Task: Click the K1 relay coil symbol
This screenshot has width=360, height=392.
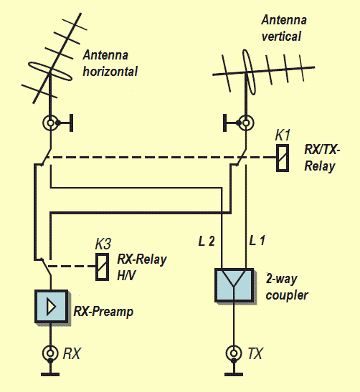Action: pyautogui.click(x=283, y=158)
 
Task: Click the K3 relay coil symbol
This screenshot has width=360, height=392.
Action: pyautogui.click(x=102, y=267)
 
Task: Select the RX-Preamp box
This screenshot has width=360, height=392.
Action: pyautogui.click(x=52, y=306)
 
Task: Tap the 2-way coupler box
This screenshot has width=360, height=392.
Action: pyautogui.click(x=235, y=285)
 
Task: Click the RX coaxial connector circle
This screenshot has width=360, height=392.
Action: pyautogui.click(x=50, y=353)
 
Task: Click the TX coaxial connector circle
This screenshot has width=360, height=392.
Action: pyautogui.click(x=234, y=353)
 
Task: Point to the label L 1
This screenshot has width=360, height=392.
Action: pyautogui.click(x=257, y=241)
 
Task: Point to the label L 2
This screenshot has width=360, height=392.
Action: pyautogui.click(x=207, y=241)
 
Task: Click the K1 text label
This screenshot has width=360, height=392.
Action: pyautogui.click(x=283, y=135)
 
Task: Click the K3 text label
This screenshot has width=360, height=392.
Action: pyautogui.click(x=103, y=244)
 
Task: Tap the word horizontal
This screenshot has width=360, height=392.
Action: pyautogui.click(x=110, y=71)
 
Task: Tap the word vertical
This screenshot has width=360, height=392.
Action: pyautogui.click(x=281, y=37)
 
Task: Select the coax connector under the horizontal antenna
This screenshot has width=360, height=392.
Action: pyautogui.click(x=50, y=123)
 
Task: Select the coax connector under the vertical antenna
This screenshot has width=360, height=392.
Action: pyautogui.click(x=246, y=123)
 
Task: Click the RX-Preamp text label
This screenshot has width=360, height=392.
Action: pyautogui.click(x=103, y=312)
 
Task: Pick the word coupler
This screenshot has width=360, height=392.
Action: pyautogui.click(x=287, y=295)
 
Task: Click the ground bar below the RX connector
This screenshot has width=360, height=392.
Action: pyautogui.click(x=50, y=374)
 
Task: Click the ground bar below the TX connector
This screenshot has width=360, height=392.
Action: pyautogui.click(x=234, y=374)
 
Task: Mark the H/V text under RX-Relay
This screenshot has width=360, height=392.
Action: pyautogui.click(x=126, y=275)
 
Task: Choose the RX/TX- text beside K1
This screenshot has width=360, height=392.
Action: pyautogui.click(x=322, y=150)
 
